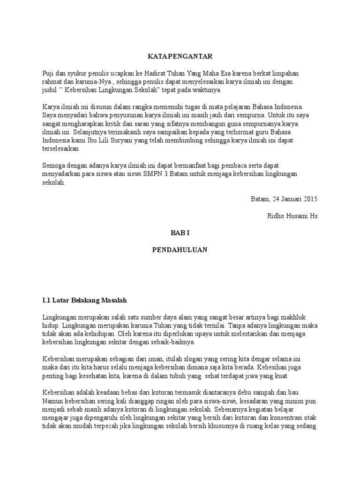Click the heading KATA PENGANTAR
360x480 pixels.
click(x=180, y=56)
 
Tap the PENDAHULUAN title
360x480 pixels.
click(x=180, y=250)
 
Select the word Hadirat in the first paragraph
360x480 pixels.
click(x=147, y=74)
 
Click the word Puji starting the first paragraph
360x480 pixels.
click(x=49, y=74)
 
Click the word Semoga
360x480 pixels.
click(x=55, y=166)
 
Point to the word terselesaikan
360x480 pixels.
click(x=61, y=150)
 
